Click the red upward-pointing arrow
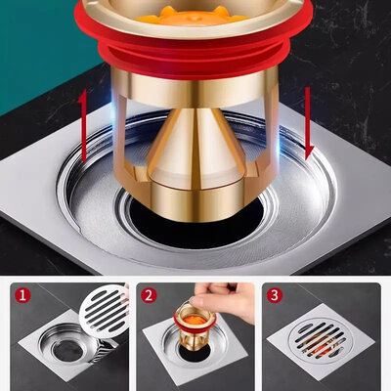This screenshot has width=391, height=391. pyautogui.click(x=83, y=125)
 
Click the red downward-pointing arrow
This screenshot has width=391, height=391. pyautogui.click(x=308, y=124)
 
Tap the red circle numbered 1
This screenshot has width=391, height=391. pyautogui.click(x=22, y=296)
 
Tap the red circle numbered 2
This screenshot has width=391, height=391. pyautogui.click(x=149, y=296)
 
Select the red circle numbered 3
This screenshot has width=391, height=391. pyautogui.click(x=275, y=296)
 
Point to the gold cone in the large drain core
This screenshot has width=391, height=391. pyautogui.click(x=195, y=144)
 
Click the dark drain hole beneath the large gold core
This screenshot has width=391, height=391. pyautogui.click(x=195, y=225)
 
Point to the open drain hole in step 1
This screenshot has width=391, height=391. pyautogui.click(x=67, y=351)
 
